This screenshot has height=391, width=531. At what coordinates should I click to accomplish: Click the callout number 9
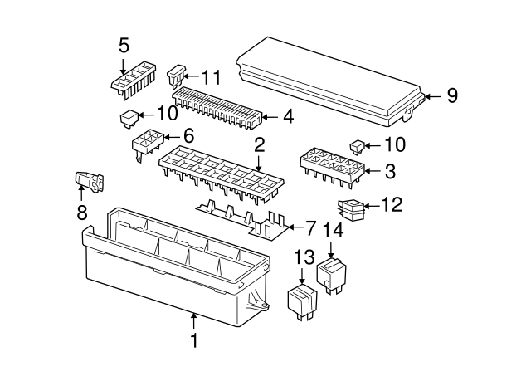(452, 95)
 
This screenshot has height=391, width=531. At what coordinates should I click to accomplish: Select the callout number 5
(124, 46)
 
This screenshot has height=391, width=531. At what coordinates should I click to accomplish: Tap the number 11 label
(211, 77)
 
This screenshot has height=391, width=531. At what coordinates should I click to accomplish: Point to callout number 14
(334, 230)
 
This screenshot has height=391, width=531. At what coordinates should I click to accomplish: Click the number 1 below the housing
(194, 340)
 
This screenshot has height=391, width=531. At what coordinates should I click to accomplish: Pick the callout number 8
(82, 213)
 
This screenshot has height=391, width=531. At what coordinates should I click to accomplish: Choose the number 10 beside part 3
(395, 144)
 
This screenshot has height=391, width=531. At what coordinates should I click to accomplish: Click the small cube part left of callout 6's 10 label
(129, 119)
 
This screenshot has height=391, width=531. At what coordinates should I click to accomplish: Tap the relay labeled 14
(331, 275)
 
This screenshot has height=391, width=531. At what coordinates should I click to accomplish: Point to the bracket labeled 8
(90, 183)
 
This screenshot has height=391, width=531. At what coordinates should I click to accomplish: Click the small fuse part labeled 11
(177, 76)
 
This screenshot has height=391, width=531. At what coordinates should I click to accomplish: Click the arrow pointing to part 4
(270, 117)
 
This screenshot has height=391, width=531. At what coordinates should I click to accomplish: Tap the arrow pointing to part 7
(295, 227)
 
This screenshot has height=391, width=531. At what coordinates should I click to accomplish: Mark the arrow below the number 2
(258, 163)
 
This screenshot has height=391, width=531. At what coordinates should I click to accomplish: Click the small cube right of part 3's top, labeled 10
(357, 148)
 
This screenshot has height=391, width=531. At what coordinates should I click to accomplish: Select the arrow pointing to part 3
(373, 171)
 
